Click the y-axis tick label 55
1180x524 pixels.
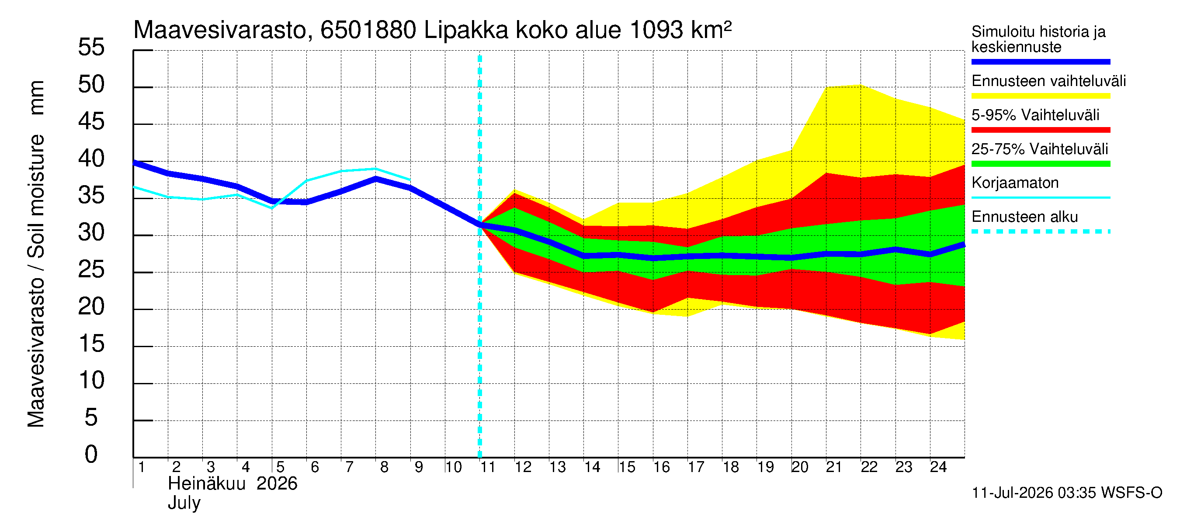[x=91, y=47]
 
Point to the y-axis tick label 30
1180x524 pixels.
[x=91, y=232]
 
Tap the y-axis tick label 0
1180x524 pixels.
[x=91, y=455]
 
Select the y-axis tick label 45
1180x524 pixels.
[x=91, y=121]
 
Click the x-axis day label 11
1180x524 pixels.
[x=487, y=467]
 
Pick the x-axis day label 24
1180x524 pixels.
[x=938, y=467]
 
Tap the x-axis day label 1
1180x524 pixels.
[x=142, y=467]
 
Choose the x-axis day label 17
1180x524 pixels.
[x=696, y=467]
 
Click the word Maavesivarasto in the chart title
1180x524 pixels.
[x=220, y=30]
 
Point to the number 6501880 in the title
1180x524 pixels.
[x=368, y=30]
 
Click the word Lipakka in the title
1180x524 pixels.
[x=466, y=30]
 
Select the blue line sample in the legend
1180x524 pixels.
[x=1041, y=62]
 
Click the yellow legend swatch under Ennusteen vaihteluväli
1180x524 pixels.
[x=1041, y=96]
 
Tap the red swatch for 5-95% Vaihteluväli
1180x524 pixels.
[x=1041, y=130]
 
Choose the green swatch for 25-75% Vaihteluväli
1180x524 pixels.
[x=1041, y=164]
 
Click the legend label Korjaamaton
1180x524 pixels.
[x=1015, y=183]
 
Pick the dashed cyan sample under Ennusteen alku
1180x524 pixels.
[x=1041, y=231]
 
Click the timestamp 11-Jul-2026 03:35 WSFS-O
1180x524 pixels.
[x=1067, y=493]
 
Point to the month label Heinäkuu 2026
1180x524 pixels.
[x=233, y=484]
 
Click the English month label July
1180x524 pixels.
[x=184, y=503]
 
